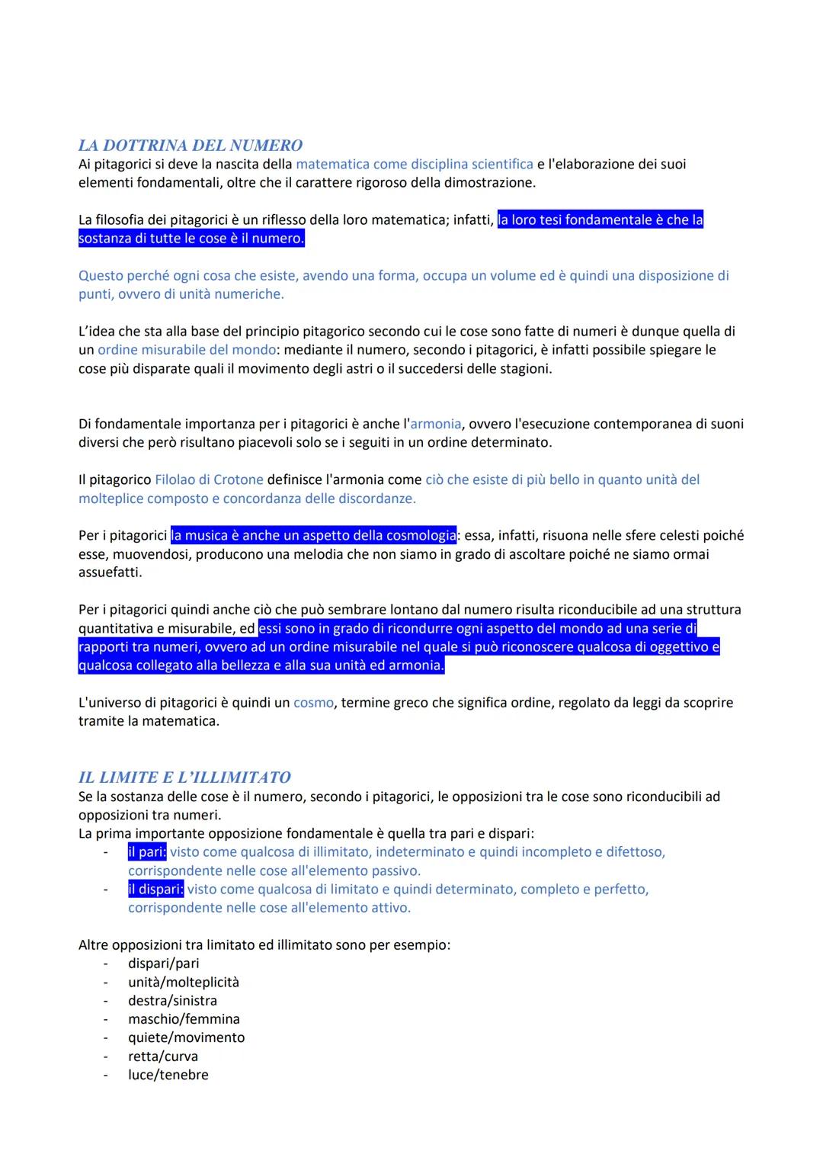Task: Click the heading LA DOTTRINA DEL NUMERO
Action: (x=191, y=145)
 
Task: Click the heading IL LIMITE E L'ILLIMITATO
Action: (x=184, y=778)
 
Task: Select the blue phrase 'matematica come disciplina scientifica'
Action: (x=415, y=164)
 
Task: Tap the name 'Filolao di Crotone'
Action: (x=209, y=479)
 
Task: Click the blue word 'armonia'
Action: (x=436, y=424)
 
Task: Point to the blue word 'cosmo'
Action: (x=313, y=702)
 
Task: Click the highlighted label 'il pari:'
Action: (x=147, y=851)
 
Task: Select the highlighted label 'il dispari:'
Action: (x=155, y=889)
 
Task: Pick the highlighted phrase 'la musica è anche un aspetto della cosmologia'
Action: (x=313, y=535)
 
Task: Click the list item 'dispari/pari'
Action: (x=163, y=964)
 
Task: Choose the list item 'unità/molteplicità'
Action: (x=183, y=982)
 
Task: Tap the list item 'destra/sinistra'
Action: (x=172, y=1000)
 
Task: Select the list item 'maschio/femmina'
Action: (x=184, y=1019)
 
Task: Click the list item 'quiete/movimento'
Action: (x=186, y=1037)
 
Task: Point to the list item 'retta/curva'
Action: (x=162, y=1057)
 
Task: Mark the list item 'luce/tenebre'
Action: (x=168, y=1075)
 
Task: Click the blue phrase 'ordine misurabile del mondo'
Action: (x=187, y=350)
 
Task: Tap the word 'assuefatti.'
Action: (x=110, y=572)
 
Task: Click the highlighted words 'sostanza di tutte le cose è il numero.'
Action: (x=191, y=239)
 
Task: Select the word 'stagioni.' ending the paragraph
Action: (x=523, y=369)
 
